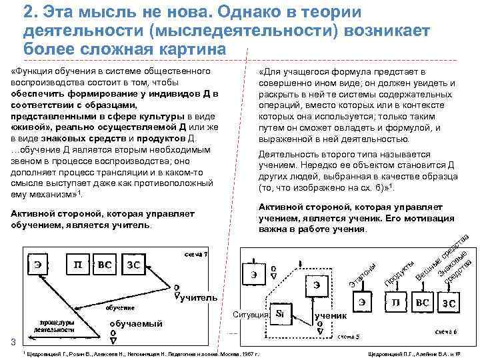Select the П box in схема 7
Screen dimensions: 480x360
coord(77,265)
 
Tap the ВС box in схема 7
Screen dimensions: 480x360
coord(105,265)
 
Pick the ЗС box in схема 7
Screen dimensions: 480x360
coord(133,265)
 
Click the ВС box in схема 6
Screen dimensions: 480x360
coord(423,303)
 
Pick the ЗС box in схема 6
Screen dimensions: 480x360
coord(452,303)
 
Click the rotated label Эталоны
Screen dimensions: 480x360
coord(364,277)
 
